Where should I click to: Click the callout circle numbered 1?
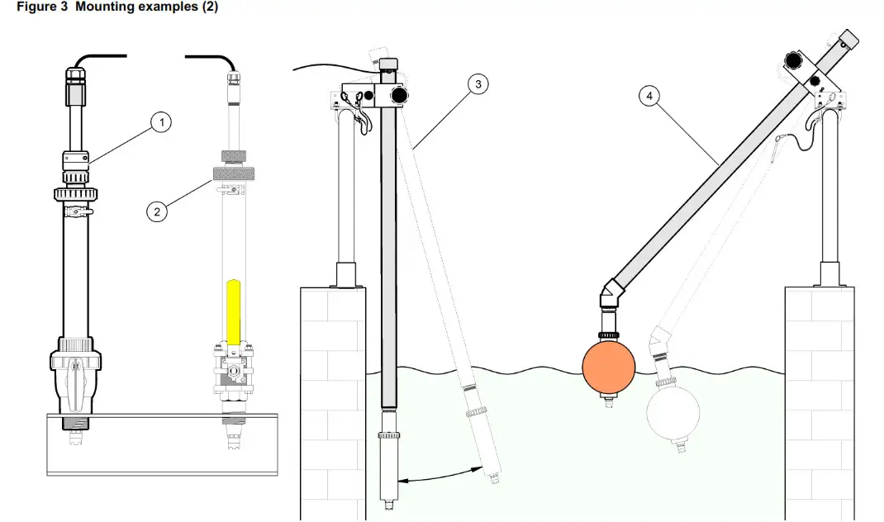point(162,123)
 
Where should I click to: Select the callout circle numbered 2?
point(156,211)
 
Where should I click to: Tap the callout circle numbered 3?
point(478,83)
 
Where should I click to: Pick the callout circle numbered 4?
point(651,96)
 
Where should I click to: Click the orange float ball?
point(609,368)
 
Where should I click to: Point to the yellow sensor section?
point(233,312)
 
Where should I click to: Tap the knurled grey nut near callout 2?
point(233,173)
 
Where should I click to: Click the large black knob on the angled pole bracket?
point(795,59)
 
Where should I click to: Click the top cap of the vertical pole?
point(388,65)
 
